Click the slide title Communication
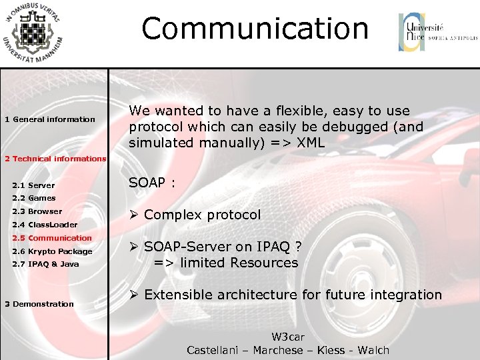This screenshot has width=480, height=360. point(255,29)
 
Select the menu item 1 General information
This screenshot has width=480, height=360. point(50,119)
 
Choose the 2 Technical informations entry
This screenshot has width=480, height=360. point(55,159)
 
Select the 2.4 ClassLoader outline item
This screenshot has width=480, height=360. point(45,225)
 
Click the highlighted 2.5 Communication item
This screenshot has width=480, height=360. point(52,238)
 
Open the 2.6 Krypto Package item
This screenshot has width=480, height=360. point(52,251)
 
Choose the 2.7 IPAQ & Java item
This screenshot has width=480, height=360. point(45,264)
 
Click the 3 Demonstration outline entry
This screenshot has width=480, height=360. point(39,304)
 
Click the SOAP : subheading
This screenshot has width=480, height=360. point(152,183)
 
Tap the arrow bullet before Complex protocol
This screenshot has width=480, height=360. point(133,215)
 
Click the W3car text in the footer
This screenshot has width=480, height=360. point(288,337)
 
